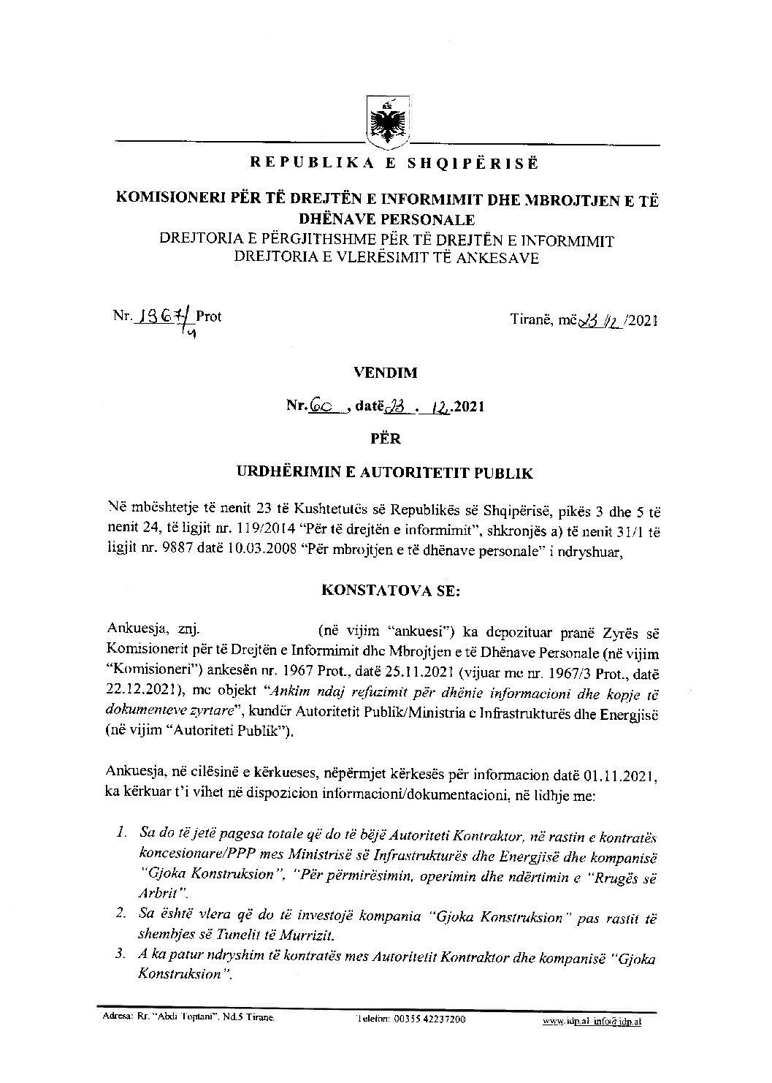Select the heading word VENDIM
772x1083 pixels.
point(385,372)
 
